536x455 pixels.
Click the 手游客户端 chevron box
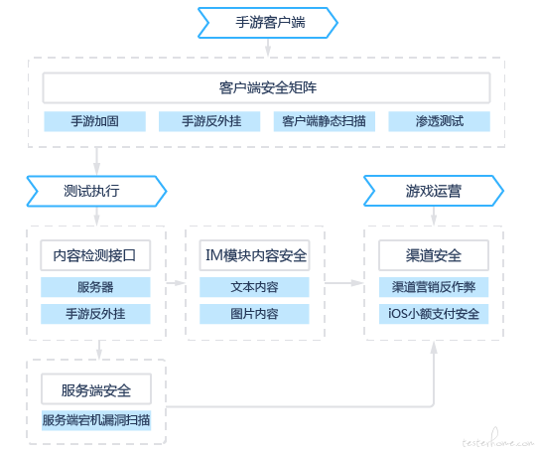pyautogui.click(x=268, y=23)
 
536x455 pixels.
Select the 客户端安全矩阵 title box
pyautogui.click(x=266, y=87)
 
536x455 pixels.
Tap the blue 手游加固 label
pyautogui.click(x=94, y=121)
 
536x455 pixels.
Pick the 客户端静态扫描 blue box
pyautogui.click(x=324, y=121)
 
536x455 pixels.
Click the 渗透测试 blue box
pyautogui.click(x=440, y=121)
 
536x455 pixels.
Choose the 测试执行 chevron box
pyautogui.click(x=96, y=191)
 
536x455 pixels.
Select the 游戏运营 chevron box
pyautogui.click(x=434, y=191)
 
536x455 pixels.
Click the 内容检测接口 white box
pyautogui.click(x=95, y=255)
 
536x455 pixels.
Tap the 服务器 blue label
pyautogui.click(x=95, y=287)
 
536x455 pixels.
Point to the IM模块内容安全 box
pyautogui.click(x=255, y=255)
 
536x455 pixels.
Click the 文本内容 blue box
pyautogui.click(x=254, y=287)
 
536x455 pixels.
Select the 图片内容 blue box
pyautogui.click(x=254, y=314)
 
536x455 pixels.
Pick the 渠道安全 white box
pyautogui.click(x=434, y=255)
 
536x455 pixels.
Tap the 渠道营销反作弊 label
pyautogui.click(x=434, y=287)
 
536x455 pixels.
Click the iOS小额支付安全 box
pyautogui.click(x=434, y=314)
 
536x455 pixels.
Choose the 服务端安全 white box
pyautogui.click(x=96, y=389)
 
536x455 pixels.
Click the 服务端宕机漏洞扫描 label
pyautogui.click(x=96, y=420)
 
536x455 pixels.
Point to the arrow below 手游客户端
pyautogui.click(x=268, y=48)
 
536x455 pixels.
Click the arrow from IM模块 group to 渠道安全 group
pyautogui.click(x=343, y=283)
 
